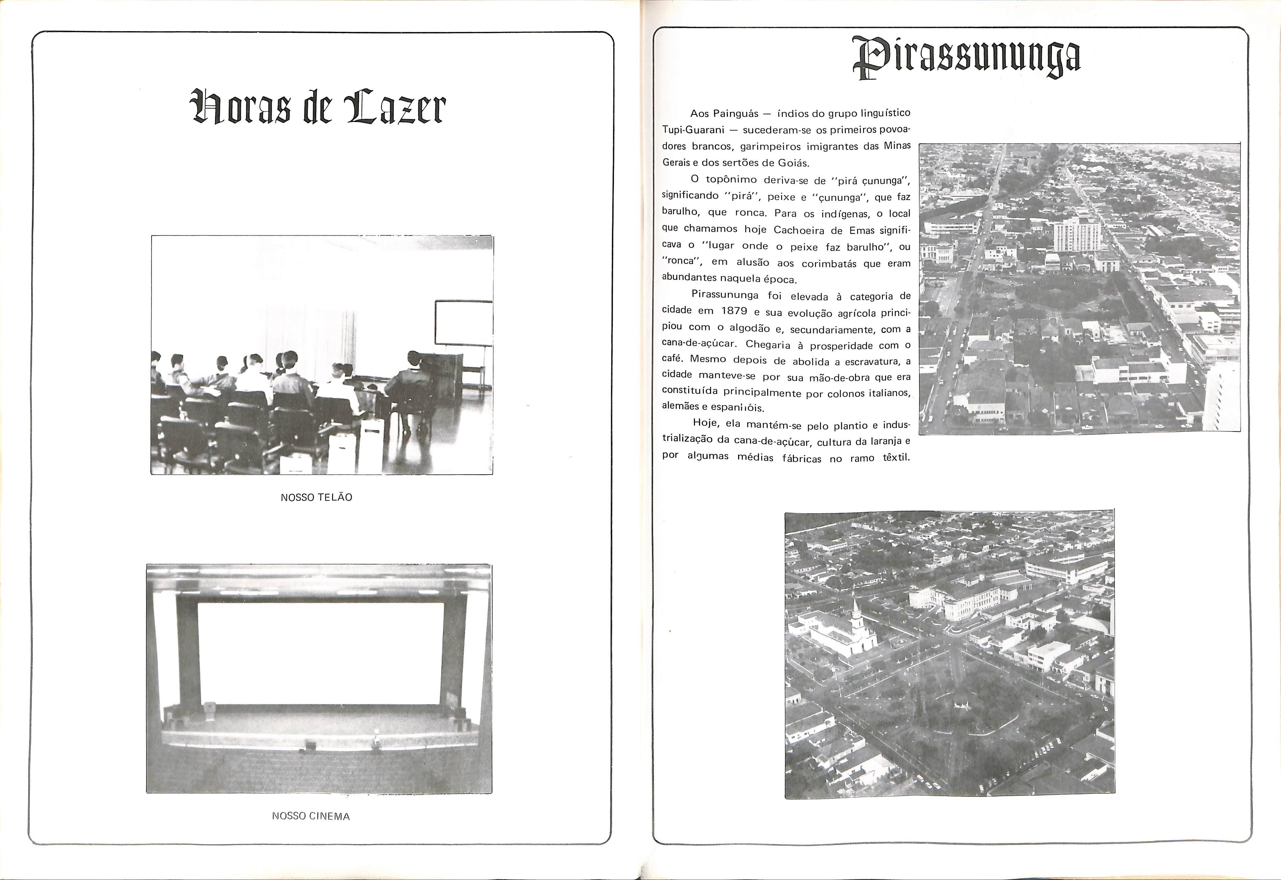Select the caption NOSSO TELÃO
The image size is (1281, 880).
tap(316, 497)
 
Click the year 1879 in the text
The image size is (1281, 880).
tap(734, 311)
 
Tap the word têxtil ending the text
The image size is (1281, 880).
tap(896, 458)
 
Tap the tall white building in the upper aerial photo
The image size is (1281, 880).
tap(1076, 234)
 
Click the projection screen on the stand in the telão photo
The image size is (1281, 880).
tap(463, 323)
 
